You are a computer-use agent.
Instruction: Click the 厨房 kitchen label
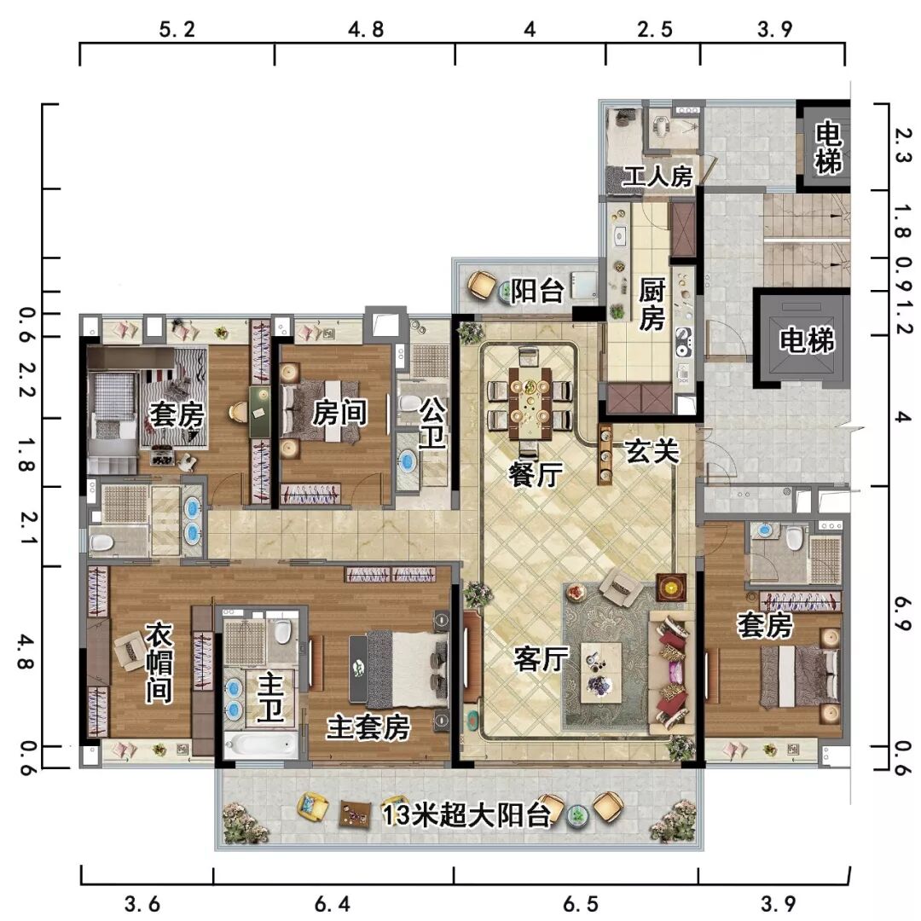652,304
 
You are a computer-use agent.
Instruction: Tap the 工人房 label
657,177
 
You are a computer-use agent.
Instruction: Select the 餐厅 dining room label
536,474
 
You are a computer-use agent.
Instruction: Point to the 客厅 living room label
541,658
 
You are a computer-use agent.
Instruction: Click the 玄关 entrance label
652,451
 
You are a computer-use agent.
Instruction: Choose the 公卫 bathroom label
432,423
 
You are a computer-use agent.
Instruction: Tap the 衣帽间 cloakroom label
159,663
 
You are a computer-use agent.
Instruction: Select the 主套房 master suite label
368,727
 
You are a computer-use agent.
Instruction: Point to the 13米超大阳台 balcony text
467,814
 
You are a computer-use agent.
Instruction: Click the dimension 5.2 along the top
177,29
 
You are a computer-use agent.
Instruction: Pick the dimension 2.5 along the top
654,29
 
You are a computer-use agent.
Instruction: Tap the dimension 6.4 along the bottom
333,903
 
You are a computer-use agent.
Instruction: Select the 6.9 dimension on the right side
902,614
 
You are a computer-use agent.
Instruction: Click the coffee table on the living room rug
601,672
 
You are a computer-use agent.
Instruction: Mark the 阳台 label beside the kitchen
537,291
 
